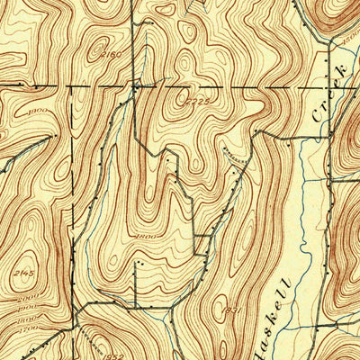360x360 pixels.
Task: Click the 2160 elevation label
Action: (112, 55)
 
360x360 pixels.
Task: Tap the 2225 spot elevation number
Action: (200, 101)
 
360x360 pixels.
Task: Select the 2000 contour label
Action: (13, 297)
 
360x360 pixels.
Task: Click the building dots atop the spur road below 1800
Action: (136, 264)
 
